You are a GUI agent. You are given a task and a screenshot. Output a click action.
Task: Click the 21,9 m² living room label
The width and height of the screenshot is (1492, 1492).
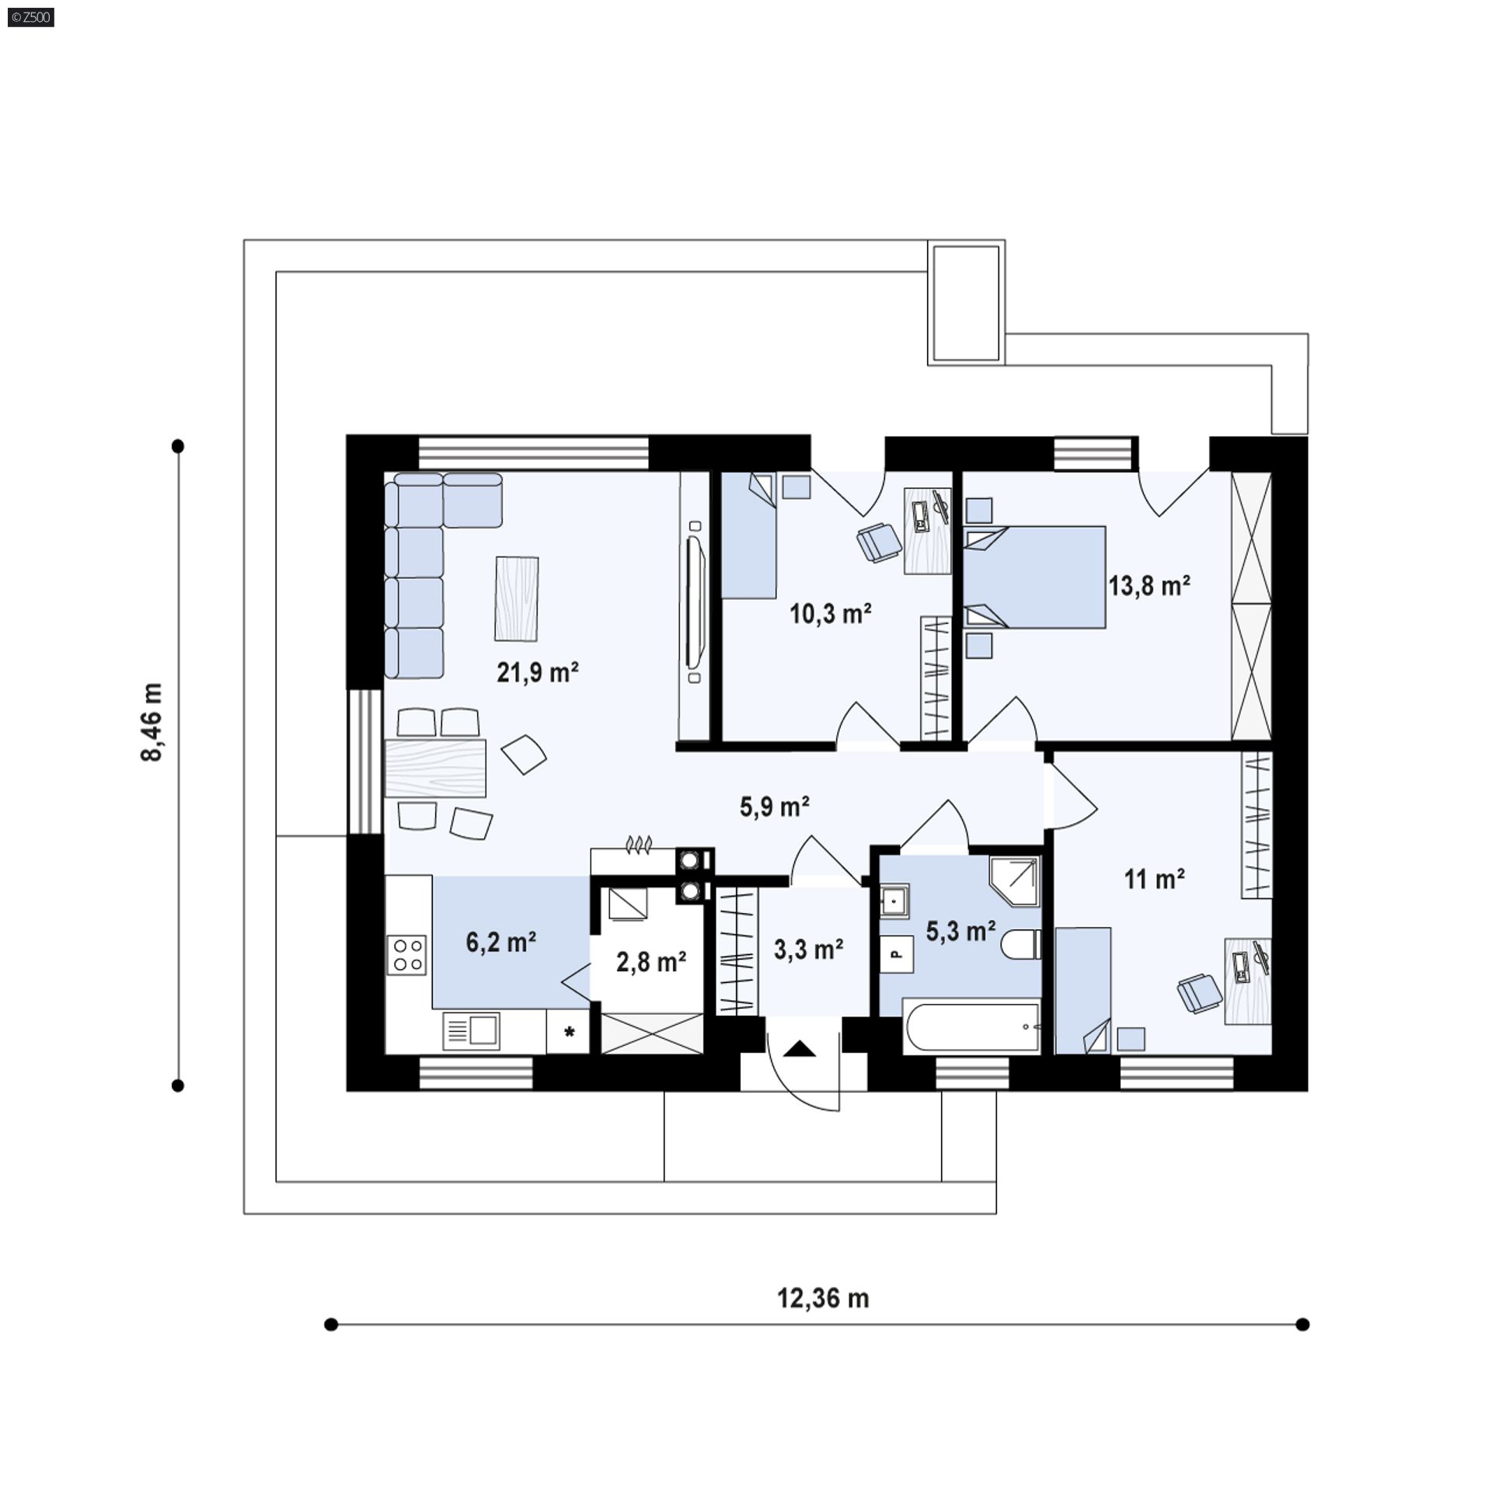pyautogui.click(x=538, y=672)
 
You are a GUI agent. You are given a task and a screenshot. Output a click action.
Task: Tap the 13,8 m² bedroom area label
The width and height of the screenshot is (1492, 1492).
pyautogui.click(x=1149, y=585)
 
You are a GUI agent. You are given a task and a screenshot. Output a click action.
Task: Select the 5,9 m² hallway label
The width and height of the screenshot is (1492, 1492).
pyautogui.click(x=775, y=807)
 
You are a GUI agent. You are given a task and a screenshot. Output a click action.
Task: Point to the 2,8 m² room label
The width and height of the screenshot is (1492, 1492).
pyautogui.click(x=651, y=962)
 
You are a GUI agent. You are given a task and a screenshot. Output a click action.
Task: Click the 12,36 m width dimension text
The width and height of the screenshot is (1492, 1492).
pyautogui.click(x=823, y=1299)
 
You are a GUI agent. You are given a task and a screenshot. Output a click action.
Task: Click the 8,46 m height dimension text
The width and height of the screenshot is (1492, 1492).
pyautogui.click(x=152, y=723)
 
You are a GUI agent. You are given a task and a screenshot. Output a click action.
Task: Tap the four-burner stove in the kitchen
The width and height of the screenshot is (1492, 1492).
pyautogui.click(x=407, y=955)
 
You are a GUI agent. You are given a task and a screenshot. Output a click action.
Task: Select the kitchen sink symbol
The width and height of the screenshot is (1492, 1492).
pyautogui.click(x=471, y=1031)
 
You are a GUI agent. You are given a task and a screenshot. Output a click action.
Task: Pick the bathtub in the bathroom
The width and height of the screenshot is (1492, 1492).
pyautogui.click(x=971, y=1027)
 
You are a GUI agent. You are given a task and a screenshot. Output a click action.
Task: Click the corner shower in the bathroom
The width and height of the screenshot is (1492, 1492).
pyautogui.click(x=1015, y=881)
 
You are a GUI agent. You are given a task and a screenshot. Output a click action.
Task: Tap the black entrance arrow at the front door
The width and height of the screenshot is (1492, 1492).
pyautogui.click(x=800, y=1049)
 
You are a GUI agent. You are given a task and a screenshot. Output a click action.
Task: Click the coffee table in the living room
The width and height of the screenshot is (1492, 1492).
pyautogui.click(x=517, y=599)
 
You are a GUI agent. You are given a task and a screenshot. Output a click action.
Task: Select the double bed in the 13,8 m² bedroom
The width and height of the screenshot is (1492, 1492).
pyautogui.click(x=1034, y=577)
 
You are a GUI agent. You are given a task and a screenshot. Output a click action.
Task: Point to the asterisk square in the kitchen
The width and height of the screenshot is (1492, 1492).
pyautogui.click(x=569, y=1032)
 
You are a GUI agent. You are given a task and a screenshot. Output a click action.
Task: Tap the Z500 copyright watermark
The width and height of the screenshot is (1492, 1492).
pyautogui.click(x=31, y=16)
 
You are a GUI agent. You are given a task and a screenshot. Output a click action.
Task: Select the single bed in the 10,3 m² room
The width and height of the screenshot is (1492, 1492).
pyautogui.click(x=749, y=535)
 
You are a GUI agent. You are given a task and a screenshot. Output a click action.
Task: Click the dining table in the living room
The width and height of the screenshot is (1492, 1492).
pyautogui.click(x=435, y=769)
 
